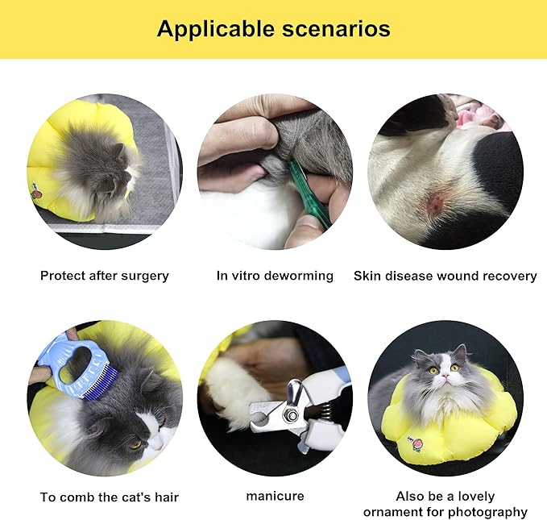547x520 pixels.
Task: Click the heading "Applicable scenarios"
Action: (x=273, y=29)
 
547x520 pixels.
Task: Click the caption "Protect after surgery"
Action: (x=105, y=276)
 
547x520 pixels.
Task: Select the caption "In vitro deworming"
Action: (x=275, y=276)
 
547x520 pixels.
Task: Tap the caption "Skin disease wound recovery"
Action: (x=445, y=276)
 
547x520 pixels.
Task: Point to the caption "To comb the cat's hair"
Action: (x=110, y=497)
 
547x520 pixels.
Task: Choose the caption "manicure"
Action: (x=275, y=496)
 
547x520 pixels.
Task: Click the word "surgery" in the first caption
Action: (x=144, y=276)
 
